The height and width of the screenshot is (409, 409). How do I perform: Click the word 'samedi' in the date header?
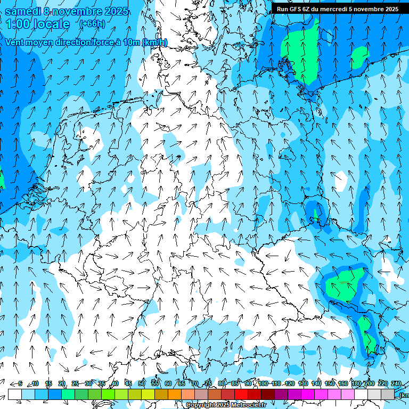[23, 11]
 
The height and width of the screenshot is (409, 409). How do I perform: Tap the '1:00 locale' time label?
[38, 24]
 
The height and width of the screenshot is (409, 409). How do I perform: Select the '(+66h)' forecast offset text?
[92, 24]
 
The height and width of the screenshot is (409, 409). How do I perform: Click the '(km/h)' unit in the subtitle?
[155, 43]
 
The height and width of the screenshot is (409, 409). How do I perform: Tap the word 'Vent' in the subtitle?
[15, 43]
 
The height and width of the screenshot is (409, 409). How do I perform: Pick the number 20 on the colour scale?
[62, 383]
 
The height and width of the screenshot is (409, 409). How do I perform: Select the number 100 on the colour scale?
[263, 383]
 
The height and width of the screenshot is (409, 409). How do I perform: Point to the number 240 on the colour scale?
[396, 383]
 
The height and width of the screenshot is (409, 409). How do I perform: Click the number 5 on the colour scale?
[20, 383]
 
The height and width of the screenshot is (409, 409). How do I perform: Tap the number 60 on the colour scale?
[168, 383]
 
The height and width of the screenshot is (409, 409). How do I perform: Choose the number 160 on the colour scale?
[343, 383]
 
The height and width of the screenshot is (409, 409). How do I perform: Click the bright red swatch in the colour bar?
[241, 394]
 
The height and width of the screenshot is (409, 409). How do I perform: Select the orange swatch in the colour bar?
[175, 394]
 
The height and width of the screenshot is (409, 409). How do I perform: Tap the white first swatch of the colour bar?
[15, 394]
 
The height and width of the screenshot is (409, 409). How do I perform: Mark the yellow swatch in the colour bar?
[135, 394]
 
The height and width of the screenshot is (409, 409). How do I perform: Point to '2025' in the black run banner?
[390, 9]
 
